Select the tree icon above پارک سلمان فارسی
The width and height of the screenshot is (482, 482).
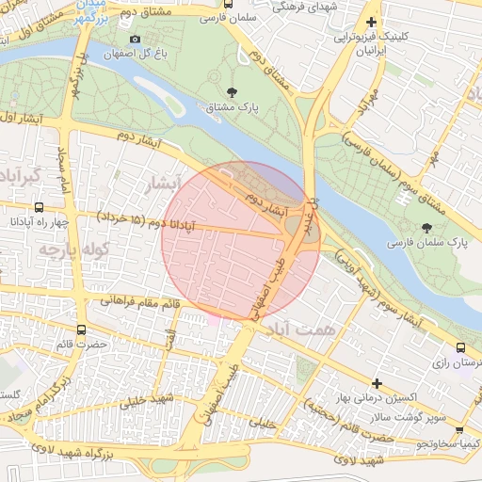point(427,227)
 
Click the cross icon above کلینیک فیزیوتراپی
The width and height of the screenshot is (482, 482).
point(372,22)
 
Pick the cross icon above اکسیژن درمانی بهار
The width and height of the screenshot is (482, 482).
point(377,383)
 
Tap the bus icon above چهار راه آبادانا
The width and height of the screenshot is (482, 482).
point(38,206)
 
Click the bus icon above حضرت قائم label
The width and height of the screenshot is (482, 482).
point(81,330)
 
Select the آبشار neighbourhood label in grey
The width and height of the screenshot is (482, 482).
point(157,185)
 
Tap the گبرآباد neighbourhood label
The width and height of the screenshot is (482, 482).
point(19,176)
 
